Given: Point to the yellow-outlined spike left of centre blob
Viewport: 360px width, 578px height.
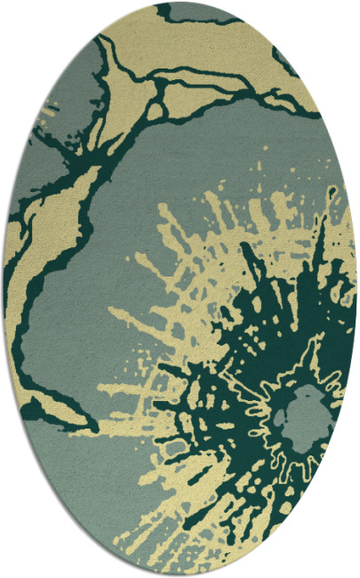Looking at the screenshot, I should [267, 391].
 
